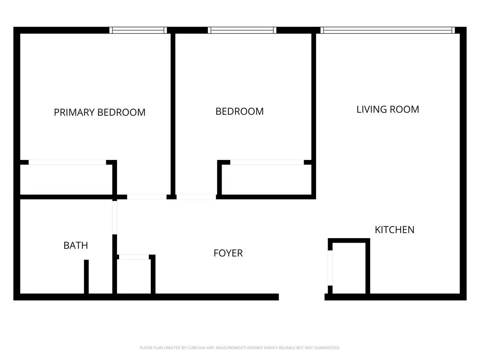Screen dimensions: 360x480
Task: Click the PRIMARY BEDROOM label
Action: click(x=100, y=112)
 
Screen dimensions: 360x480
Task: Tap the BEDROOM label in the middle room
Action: click(x=239, y=111)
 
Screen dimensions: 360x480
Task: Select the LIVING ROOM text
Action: click(x=388, y=109)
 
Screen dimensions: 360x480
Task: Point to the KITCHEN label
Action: click(x=394, y=230)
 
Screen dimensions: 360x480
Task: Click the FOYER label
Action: click(x=228, y=253)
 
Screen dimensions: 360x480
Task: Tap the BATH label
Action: click(x=76, y=245)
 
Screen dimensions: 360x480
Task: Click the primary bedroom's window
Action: click(x=138, y=30)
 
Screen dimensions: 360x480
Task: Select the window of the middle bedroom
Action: click(x=242, y=30)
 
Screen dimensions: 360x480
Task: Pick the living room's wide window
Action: click(x=387, y=30)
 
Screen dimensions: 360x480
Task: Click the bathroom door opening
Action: click(x=115, y=217)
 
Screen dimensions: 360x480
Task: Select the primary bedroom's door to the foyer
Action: click(x=147, y=197)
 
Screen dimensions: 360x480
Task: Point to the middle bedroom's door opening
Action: click(x=196, y=197)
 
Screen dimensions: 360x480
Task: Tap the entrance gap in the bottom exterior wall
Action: click(x=302, y=297)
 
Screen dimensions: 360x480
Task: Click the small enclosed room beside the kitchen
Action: click(x=349, y=268)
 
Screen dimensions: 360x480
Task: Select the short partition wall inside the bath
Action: click(x=86, y=277)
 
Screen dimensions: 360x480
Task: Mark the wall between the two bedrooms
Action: click(x=173, y=113)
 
